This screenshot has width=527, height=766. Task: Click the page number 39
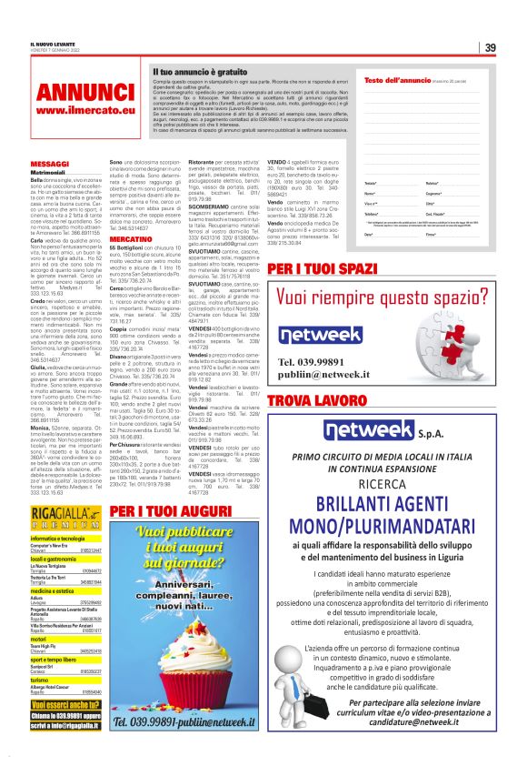click(x=489, y=47)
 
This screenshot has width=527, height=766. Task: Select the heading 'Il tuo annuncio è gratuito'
click(x=200, y=70)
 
